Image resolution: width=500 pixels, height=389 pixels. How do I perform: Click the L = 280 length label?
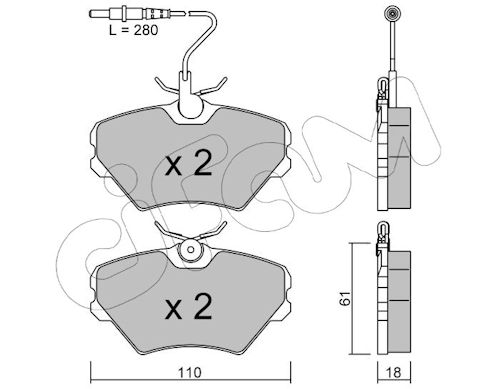(x=133, y=30)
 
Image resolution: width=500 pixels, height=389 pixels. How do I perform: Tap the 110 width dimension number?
(x=189, y=372)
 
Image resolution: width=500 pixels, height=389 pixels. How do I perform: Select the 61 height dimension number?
(x=346, y=297)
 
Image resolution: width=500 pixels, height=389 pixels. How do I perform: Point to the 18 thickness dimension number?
(x=394, y=373)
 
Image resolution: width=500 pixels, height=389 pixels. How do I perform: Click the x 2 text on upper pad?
(x=189, y=163)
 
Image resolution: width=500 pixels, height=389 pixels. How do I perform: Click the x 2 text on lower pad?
(x=189, y=307)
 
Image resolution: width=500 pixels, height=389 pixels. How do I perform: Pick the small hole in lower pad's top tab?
(x=191, y=250)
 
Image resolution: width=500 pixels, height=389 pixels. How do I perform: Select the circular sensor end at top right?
(x=391, y=14)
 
